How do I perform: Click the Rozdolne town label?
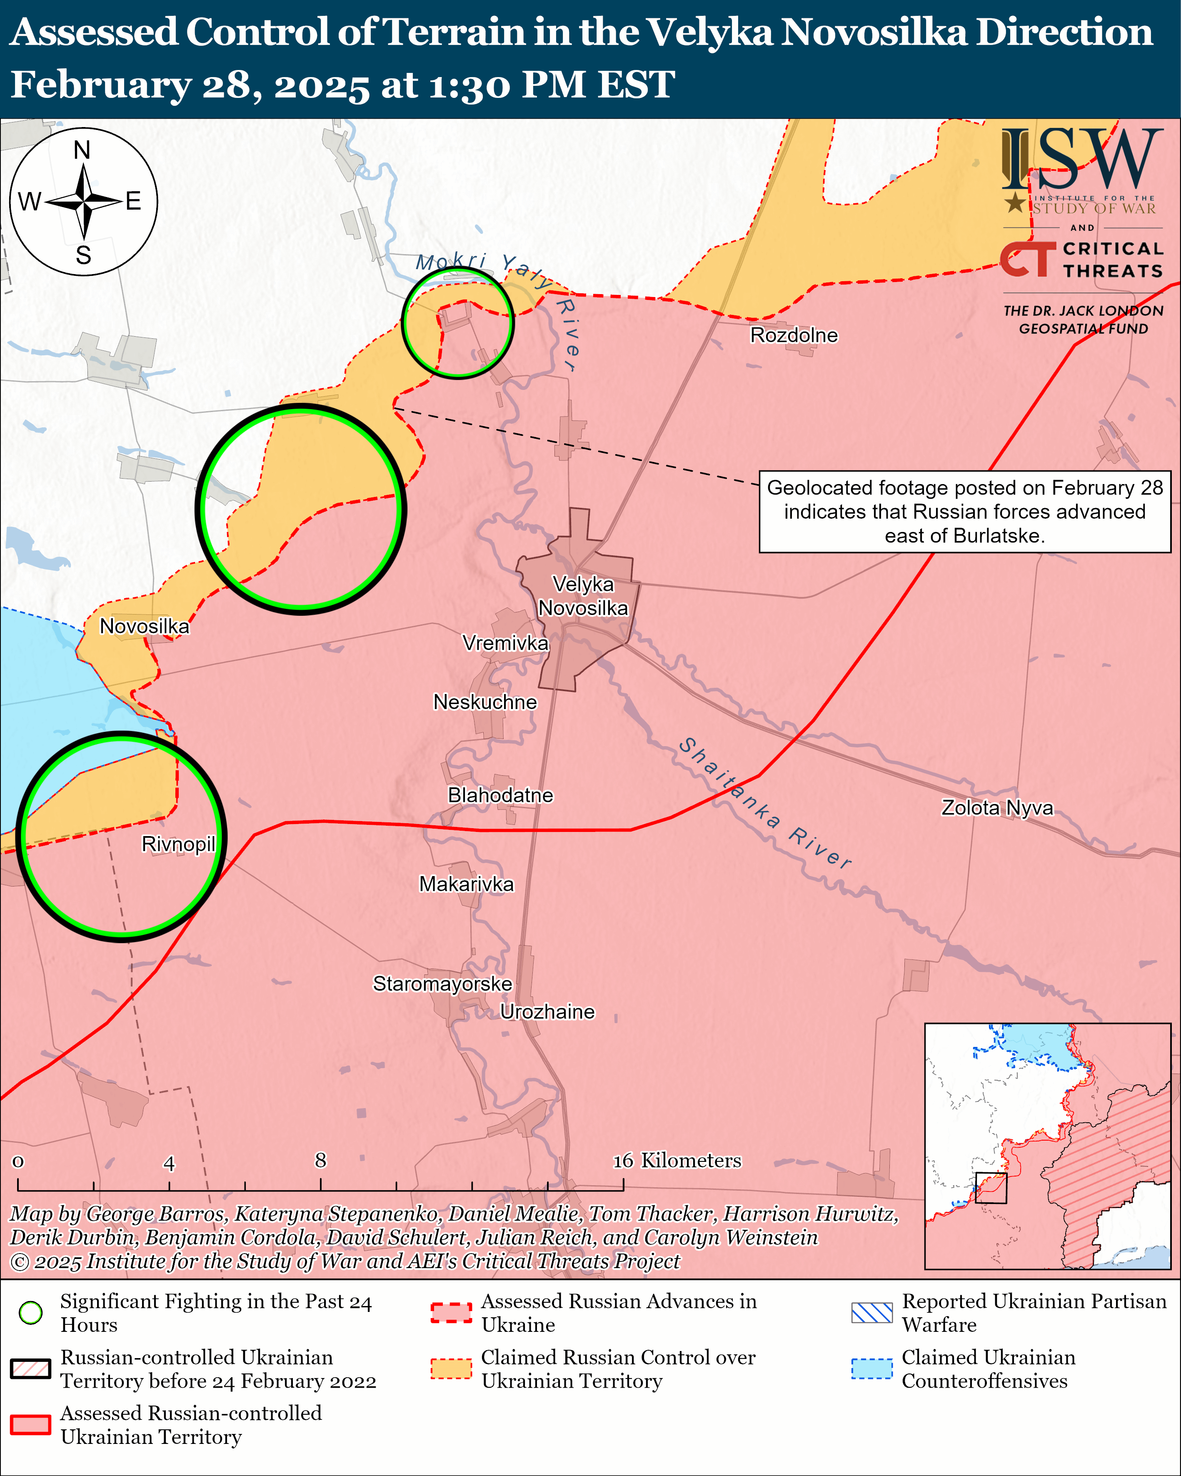coord(794,335)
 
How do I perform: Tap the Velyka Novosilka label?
coord(583,596)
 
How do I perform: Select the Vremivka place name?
coord(505,643)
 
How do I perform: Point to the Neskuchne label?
coord(485,702)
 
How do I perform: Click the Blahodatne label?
coord(500,795)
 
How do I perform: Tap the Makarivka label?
coord(466,884)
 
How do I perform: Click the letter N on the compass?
coord(82,150)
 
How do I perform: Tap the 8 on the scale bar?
coord(320,1160)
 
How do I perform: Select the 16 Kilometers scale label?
coord(677,1160)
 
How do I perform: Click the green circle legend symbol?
coord(30,1312)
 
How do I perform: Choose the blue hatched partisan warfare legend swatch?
coord(871,1312)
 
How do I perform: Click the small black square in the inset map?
coord(991,1188)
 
